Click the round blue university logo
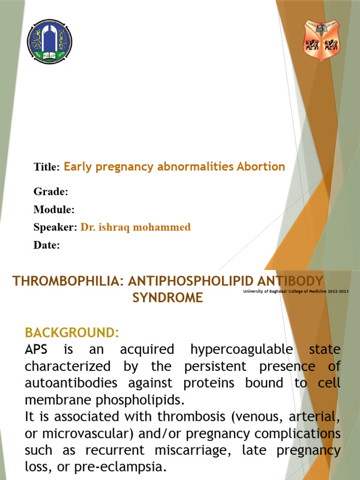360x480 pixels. click(x=50, y=41)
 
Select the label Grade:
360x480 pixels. click(x=51, y=192)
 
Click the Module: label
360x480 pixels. click(x=54, y=210)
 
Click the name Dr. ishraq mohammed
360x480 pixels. click(x=135, y=227)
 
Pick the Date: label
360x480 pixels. click(x=47, y=245)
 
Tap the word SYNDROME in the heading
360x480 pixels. click(x=168, y=298)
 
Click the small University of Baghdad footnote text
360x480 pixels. click(x=296, y=292)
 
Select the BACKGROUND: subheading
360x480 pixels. click(x=72, y=333)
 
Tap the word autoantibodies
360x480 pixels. click(x=70, y=383)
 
